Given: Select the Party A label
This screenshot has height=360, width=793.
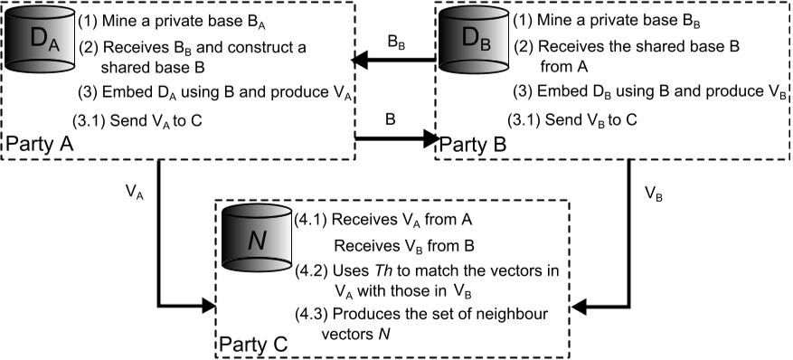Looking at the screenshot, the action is pyautogui.click(x=40, y=145).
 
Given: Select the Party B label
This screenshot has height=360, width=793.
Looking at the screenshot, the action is pyautogui.click(x=472, y=145).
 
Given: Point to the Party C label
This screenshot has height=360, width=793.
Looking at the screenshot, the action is pyautogui.click(x=254, y=345).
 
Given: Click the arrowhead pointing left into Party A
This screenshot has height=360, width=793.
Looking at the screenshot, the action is pyautogui.click(x=361, y=61).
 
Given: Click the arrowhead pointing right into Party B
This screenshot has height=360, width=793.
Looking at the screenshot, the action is pyautogui.click(x=430, y=138).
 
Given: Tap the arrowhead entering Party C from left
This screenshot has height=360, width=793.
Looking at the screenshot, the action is pyautogui.click(x=208, y=306).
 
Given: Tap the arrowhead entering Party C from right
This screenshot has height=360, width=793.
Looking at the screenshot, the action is pyautogui.click(x=580, y=306).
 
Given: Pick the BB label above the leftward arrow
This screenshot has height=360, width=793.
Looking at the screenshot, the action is pyautogui.click(x=396, y=43).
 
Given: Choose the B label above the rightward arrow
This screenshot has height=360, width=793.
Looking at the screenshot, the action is pyautogui.click(x=390, y=120).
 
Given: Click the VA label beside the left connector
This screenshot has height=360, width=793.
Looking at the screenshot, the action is pyautogui.click(x=134, y=193).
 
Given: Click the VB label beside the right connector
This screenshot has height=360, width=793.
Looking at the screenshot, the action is pyautogui.click(x=653, y=194).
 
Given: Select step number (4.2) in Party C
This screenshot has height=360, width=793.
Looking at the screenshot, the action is pyautogui.click(x=312, y=270).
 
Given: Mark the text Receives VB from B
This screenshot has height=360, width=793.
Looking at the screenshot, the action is pyautogui.click(x=404, y=245).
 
